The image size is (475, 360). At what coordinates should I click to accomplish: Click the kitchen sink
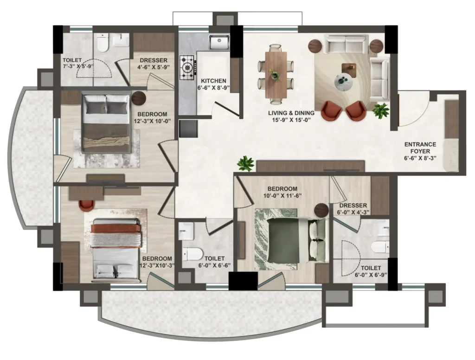(x=219, y=42)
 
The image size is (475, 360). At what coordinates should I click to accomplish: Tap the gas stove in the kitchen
(x=187, y=67)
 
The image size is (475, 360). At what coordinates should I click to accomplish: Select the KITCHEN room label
(x=213, y=81)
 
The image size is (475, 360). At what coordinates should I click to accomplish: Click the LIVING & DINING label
(x=291, y=113)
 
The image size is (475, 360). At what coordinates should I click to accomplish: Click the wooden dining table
(x=276, y=75)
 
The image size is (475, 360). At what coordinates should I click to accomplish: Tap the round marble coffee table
(x=345, y=81)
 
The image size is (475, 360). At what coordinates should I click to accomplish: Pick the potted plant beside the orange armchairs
(x=381, y=110)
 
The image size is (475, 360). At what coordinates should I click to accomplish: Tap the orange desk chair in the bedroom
(x=86, y=205)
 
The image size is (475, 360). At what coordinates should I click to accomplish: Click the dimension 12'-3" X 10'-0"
(x=152, y=121)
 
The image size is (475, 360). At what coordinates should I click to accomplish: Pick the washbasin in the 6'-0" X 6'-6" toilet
(x=186, y=231)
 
